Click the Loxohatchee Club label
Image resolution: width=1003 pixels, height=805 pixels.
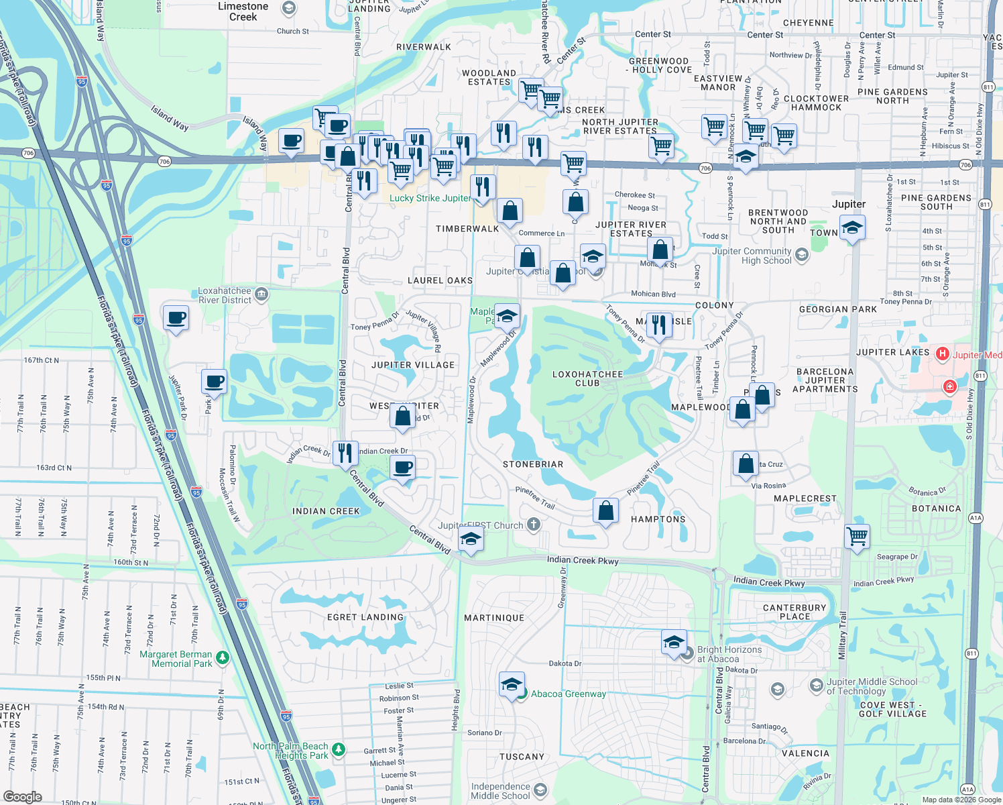pos(587,378)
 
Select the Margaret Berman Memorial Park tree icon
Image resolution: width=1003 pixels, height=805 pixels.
pos(223,658)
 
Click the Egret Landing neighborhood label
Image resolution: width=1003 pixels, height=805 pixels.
pos(365,617)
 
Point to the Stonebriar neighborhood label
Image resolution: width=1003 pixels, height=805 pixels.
pos(533,464)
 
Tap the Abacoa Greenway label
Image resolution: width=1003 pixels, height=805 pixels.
pos(569,694)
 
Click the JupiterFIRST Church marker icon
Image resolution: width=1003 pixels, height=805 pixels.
pos(534,525)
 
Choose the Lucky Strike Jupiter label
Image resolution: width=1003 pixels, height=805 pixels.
pos(430,198)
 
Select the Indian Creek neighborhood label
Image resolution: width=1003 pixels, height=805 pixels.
pos(326,511)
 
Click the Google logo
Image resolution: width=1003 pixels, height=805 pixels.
pos(22,797)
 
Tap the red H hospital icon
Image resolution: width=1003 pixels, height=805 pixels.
pos(943,354)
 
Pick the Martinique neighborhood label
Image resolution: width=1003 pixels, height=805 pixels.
pos(494,618)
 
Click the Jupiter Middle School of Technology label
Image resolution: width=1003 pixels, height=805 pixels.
pos(872,686)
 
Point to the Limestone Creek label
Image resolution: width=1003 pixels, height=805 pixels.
pos(243,11)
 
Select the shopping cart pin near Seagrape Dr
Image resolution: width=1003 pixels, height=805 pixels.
pos(857,537)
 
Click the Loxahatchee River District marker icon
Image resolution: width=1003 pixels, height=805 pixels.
pos(261,294)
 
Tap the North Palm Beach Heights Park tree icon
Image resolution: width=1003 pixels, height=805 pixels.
pos(339,749)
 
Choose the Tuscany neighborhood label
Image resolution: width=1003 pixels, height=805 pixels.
pos(522,757)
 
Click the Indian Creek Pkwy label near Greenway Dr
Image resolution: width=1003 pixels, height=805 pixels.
pos(583,560)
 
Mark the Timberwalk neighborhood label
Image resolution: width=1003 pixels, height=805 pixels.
pos(467,229)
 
